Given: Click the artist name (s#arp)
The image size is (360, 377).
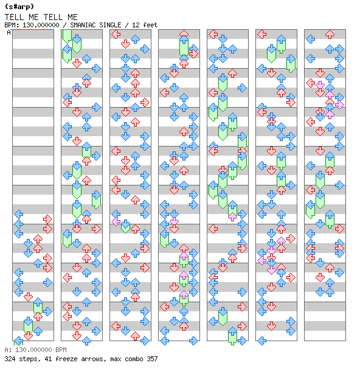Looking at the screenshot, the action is coord(19,7).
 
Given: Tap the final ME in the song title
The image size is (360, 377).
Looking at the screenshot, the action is coord(72,17).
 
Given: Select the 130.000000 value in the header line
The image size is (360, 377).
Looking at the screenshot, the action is coord(41,25).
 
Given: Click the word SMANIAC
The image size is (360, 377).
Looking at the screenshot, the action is coord(83,25).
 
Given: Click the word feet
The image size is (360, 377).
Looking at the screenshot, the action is coord(150,25).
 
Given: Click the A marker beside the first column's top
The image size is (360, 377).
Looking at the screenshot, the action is coord(9,32).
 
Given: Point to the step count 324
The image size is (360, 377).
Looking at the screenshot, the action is coord(10,359).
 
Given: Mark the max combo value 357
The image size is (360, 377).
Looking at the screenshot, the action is coord(152,359).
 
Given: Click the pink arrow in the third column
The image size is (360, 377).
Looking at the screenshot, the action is coord(116,221).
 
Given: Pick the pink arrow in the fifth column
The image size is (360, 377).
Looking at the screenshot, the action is coord(232,216).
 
